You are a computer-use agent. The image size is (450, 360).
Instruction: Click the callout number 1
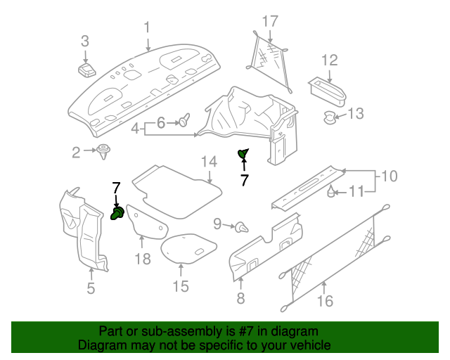148,27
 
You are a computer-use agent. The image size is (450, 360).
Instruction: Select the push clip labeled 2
105,150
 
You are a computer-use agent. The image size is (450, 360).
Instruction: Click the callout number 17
271,20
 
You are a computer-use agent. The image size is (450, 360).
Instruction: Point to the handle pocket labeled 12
327,90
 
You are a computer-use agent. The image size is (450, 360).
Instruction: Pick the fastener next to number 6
185,122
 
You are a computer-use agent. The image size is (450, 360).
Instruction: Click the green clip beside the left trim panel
119,212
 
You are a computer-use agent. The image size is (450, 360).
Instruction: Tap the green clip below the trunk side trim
243,154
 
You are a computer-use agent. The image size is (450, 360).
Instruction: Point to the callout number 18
143,259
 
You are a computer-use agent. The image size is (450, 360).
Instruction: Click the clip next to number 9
243,226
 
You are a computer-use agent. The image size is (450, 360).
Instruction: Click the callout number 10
390,175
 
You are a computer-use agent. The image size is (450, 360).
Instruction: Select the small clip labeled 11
330,190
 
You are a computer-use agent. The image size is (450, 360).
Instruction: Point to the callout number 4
135,127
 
